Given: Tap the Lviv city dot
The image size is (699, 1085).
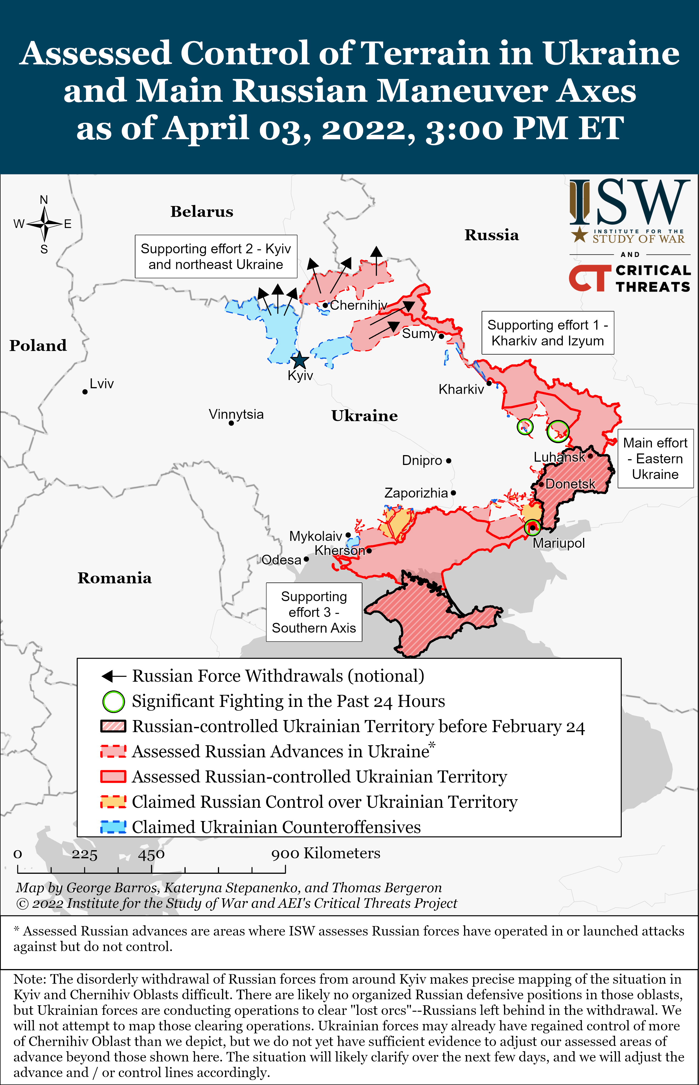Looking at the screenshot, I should pos(85,392).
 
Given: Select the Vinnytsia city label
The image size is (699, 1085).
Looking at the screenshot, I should pos(236,414).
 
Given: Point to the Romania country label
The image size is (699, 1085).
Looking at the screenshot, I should pos(114,578).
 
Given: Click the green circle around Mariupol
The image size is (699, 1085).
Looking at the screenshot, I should pos(532,527).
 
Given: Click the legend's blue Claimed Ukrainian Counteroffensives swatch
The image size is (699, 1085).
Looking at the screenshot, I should pos(113,827).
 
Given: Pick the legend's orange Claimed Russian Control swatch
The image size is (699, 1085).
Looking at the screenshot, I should pos(113,801).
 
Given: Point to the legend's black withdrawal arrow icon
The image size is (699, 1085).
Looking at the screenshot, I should pos(113,676).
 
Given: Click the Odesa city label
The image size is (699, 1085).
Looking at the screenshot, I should pos(282,560).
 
